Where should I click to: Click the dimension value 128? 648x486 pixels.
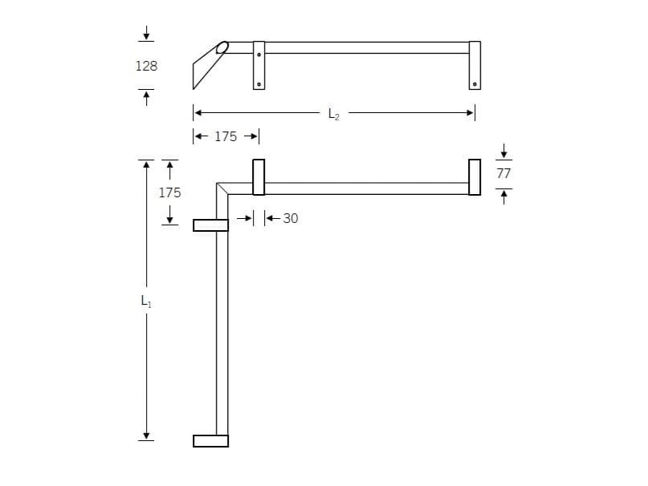146,67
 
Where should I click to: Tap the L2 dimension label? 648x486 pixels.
334,115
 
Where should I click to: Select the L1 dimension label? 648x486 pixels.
146,302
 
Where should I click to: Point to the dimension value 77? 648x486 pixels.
503,172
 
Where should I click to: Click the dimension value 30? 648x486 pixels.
290,218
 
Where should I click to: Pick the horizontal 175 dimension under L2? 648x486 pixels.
226,137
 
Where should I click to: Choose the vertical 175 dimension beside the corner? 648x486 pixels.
169,193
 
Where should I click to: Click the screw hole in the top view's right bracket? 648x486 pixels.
475,83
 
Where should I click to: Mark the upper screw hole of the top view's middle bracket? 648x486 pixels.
259,55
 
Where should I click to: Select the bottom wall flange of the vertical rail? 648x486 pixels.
211,440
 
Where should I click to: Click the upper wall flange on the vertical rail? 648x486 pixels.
211,225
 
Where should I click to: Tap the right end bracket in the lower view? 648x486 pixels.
475,177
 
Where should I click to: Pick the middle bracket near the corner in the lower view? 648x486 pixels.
259,177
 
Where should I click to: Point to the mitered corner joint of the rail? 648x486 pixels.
222,188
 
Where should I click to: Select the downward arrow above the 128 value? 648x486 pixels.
146,34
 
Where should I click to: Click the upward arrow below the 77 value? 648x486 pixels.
503,196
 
